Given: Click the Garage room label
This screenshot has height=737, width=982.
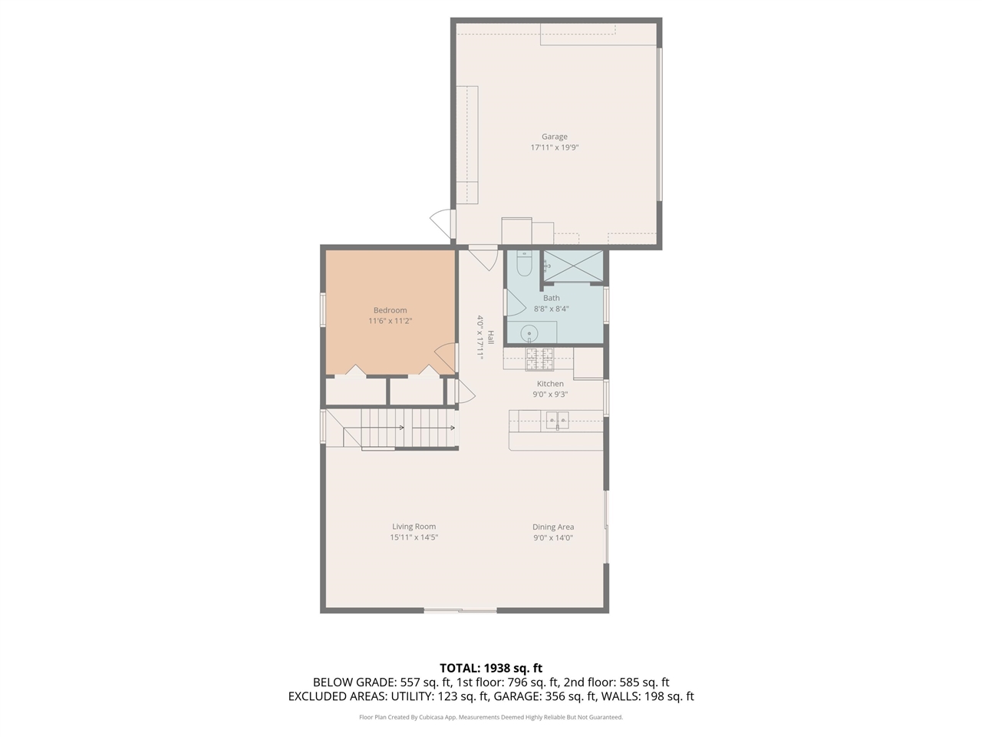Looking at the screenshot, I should pos(554,137).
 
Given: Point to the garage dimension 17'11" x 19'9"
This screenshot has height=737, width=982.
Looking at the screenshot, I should pos(554,147).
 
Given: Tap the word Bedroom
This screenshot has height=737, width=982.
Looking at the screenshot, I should pos(390,310).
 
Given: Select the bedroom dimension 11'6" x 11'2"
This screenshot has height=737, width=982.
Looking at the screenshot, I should pos(390,321).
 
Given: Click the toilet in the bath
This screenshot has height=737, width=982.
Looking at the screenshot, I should pos(524,263).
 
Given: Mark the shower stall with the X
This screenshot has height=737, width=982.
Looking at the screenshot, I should pos(573,266).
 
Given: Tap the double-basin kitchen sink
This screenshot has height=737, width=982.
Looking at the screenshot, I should pos(558,419).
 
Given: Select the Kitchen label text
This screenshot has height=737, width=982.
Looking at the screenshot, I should pos(550,384).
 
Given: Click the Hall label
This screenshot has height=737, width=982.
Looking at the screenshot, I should pos(489,337).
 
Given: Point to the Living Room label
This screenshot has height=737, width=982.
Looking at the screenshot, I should pos(414,527).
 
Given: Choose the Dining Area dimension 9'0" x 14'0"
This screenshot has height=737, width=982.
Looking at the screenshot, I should pos(553,537).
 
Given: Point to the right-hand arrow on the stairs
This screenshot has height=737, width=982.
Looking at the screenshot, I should pos(451,428).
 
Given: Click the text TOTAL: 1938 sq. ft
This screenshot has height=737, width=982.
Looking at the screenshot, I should pos(490,668).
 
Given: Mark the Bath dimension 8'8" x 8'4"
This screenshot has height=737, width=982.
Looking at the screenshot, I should pos(551,309).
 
